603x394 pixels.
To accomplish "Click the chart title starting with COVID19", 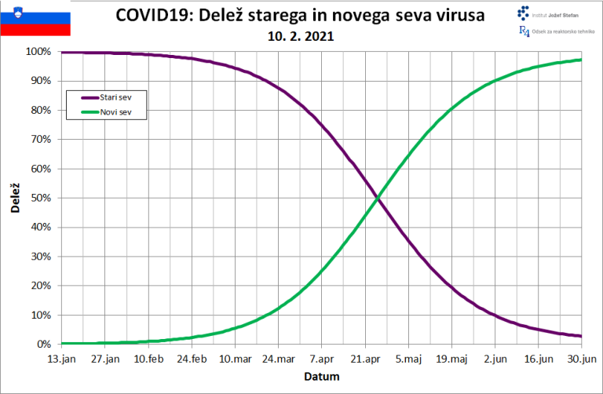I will (x=300, y=15).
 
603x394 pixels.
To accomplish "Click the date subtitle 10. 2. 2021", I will (x=300, y=35).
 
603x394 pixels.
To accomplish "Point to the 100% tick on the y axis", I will (x=38, y=52).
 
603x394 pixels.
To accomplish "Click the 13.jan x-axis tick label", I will (x=61, y=359).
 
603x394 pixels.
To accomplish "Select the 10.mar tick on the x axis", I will (x=235, y=359).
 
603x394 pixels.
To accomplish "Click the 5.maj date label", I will (x=408, y=359).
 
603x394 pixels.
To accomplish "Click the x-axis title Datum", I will (x=321, y=377).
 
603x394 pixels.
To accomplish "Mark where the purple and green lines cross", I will (x=378, y=198).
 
